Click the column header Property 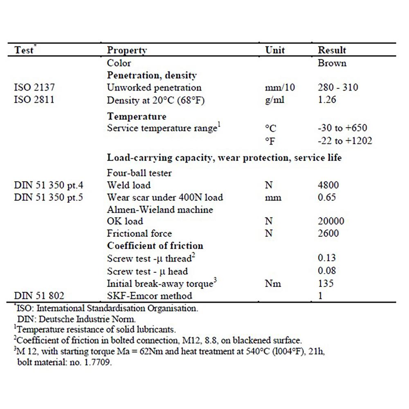click(127, 50)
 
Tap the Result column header click(332, 50)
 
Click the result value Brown click(332, 63)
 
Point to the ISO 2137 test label click(34, 88)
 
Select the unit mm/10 click(280, 88)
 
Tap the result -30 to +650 click(342, 128)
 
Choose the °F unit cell click(270, 141)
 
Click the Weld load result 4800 click(328, 185)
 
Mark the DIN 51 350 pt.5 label click(49, 197)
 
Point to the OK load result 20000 click(331, 221)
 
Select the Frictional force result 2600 click(328, 234)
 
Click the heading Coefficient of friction click(155, 246)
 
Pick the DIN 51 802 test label click(39, 295)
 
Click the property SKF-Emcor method click(149, 295)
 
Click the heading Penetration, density click(152, 75)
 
